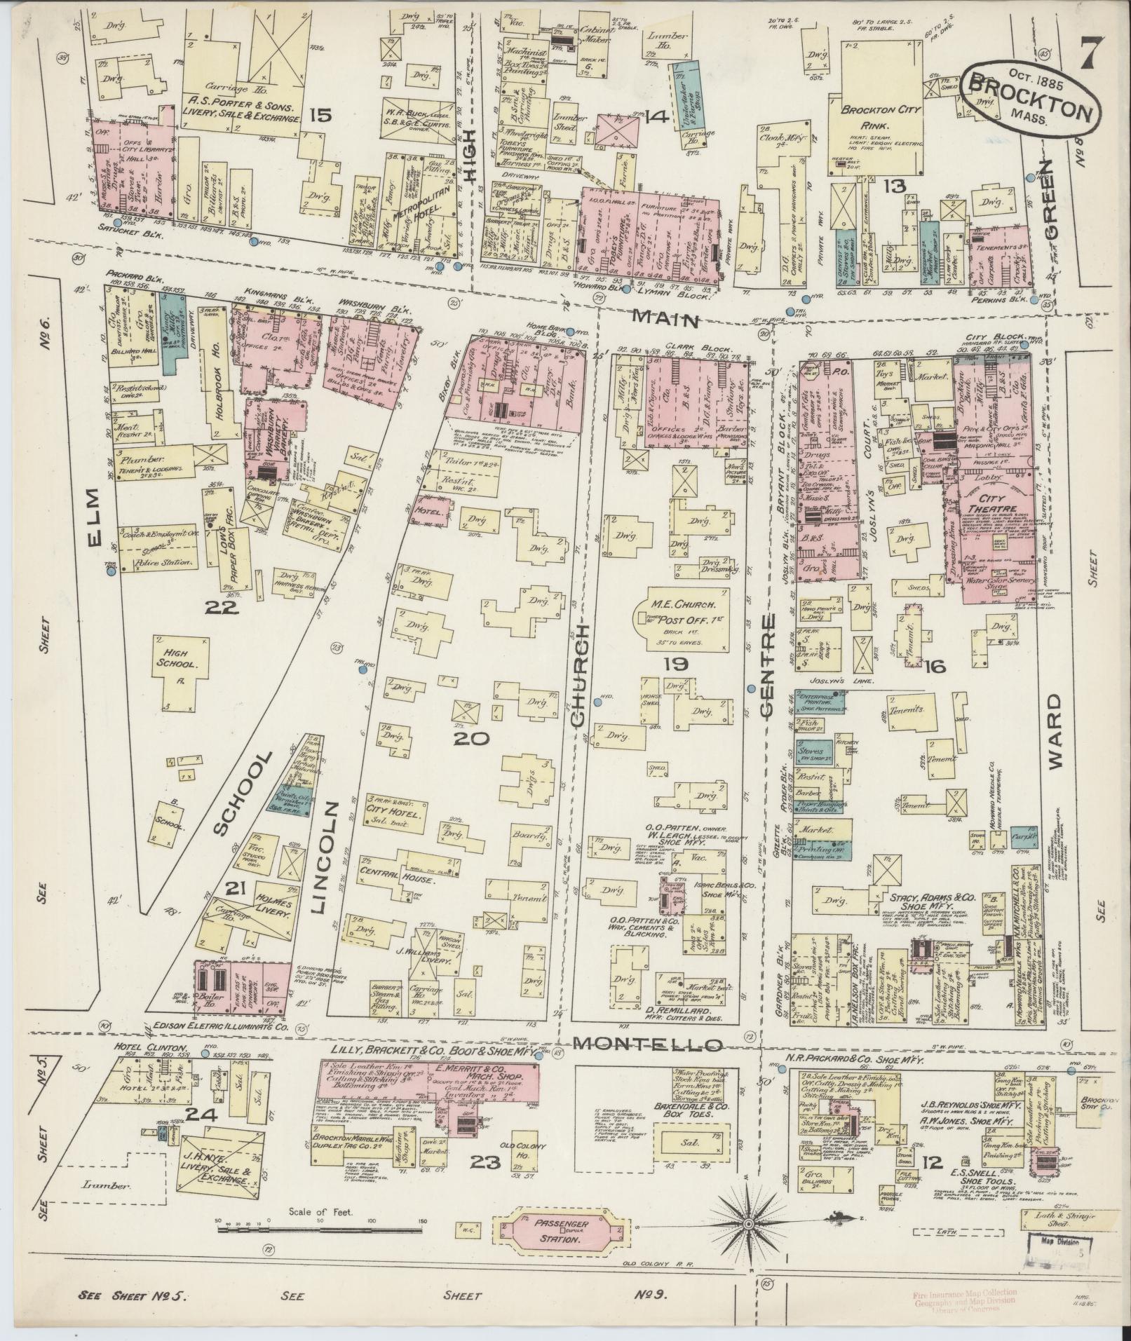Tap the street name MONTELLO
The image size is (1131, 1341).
647,1063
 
